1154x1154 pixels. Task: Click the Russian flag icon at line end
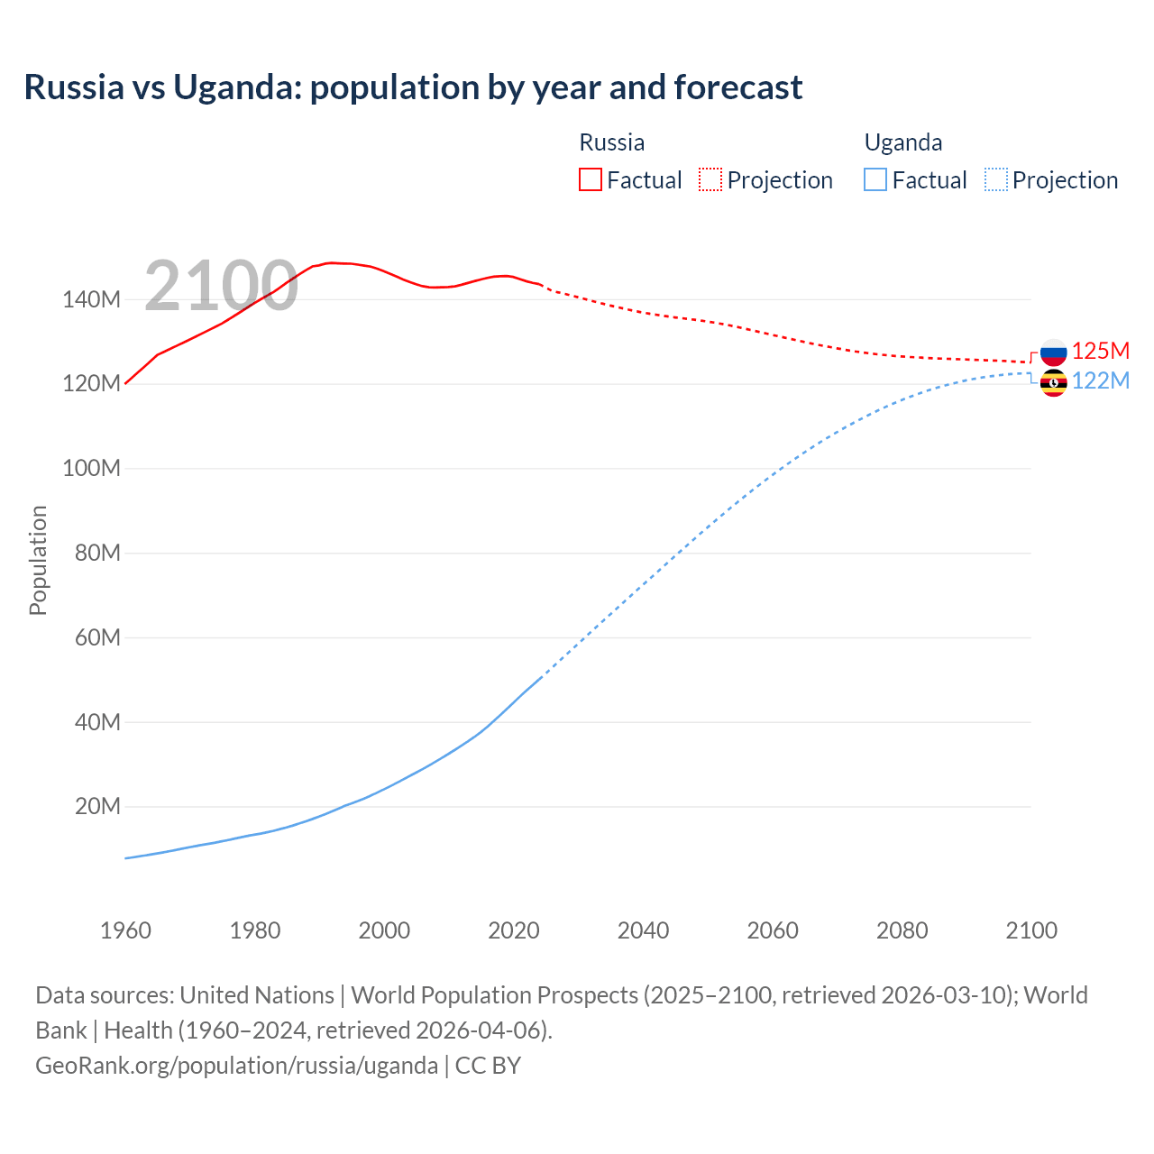[x=1053, y=352]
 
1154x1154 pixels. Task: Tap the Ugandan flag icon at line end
[x=1053, y=382]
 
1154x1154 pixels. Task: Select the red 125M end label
[x=1101, y=351]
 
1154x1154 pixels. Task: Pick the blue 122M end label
[x=1101, y=380]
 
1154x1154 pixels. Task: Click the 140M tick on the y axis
[x=91, y=299]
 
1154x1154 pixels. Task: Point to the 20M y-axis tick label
[x=96, y=806]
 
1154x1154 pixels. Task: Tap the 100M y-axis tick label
[x=91, y=468]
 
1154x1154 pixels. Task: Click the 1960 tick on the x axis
[x=125, y=930]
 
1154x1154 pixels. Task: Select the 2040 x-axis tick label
[x=643, y=930]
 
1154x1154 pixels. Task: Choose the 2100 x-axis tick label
[x=1031, y=930]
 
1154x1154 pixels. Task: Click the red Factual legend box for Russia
[x=591, y=179]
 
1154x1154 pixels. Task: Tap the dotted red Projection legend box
[x=710, y=179]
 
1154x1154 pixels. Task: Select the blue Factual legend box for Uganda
[x=875, y=179]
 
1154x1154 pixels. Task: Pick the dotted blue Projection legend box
[x=995, y=179]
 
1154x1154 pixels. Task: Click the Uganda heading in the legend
[x=903, y=142]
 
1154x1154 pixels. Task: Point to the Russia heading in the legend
[x=611, y=142]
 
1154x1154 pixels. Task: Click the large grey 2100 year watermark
[x=221, y=286]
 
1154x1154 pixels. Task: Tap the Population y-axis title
[x=38, y=560]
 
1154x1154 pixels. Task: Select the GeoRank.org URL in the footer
[x=236, y=1065]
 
